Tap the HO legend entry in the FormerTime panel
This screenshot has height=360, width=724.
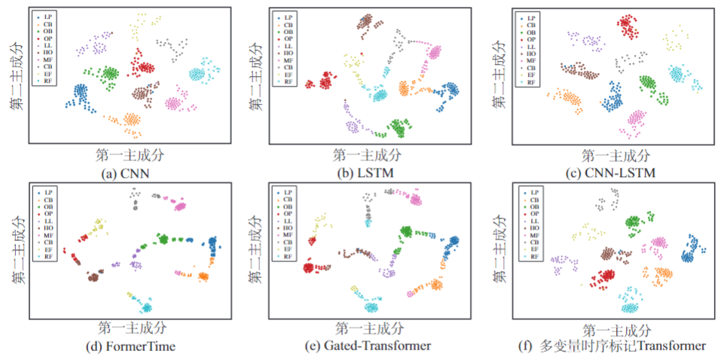46,228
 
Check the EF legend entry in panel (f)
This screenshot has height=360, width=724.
531,249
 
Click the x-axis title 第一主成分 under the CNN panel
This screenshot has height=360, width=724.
130,155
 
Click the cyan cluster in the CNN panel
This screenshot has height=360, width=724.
200,73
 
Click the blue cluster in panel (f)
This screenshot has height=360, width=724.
689,251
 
